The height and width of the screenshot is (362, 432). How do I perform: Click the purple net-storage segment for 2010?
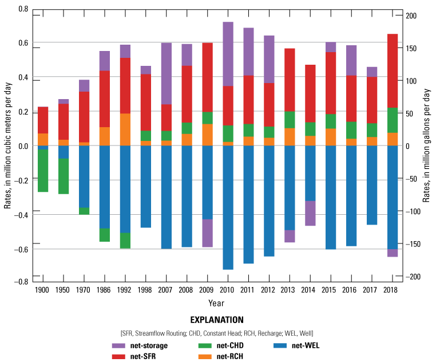tap(228, 54)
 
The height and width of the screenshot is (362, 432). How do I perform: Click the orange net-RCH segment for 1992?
tap(125, 129)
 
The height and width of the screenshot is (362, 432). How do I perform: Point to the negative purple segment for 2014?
tap(310, 213)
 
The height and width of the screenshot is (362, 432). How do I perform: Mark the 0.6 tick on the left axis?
tap(23, 43)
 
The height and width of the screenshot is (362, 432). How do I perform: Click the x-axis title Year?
tap(216, 302)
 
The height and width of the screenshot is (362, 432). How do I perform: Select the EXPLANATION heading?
tap(216, 320)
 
